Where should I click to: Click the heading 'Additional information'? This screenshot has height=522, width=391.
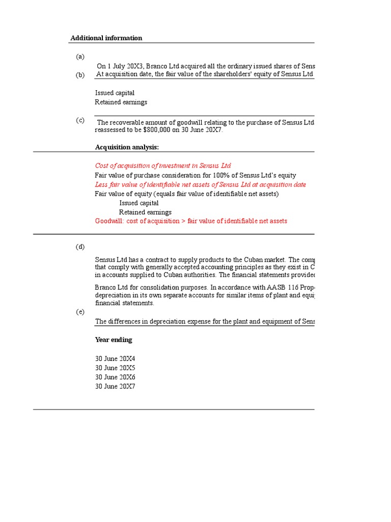pos(106,38)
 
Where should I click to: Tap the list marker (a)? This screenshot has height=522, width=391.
pos(80,57)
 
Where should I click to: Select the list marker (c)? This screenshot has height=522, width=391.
pos(80,120)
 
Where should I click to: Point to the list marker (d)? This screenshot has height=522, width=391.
pos(80,247)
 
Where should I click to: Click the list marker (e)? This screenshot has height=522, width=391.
pos(80,312)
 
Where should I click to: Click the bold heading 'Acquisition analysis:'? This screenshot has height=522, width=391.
pos(127,147)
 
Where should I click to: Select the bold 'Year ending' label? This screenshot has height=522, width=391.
pos(114,340)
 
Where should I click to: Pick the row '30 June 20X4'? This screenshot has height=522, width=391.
pos(115,359)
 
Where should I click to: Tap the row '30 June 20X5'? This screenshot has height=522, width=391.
pos(115,368)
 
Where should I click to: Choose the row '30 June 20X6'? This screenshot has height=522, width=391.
pos(115,377)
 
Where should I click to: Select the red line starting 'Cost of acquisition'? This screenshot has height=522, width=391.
pos(162,166)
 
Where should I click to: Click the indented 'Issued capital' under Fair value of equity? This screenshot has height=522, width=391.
pos(139,203)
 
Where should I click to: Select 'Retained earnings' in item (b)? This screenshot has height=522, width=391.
pos(121,102)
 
